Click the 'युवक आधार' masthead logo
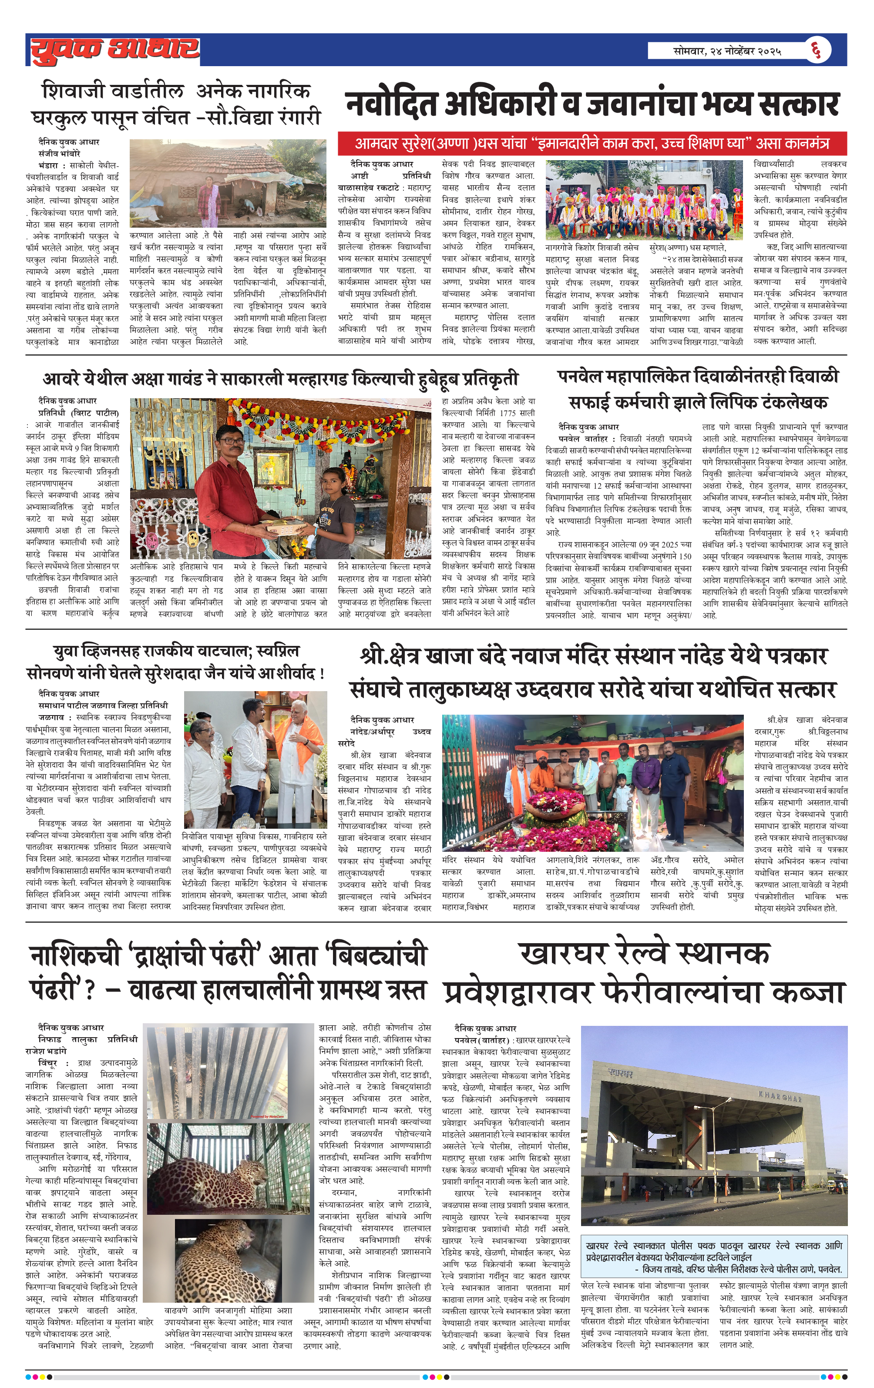tap(115, 50)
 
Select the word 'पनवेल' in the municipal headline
tap(579, 377)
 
